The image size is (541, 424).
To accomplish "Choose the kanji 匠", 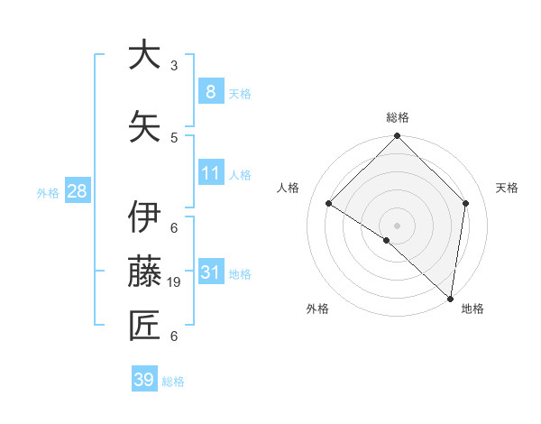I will click(145, 326).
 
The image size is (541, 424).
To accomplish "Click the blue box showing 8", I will click(210, 91).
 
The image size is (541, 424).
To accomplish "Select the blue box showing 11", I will click(210, 172).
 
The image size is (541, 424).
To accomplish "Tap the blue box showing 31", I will click(210, 272).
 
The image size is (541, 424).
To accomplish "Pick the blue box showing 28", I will click(76, 190).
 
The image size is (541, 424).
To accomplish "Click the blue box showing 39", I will click(143, 380).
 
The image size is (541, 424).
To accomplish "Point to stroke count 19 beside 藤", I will click(176, 282).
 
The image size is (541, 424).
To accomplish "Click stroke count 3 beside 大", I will click(174, 65).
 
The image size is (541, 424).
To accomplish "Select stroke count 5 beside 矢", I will click(174, 137).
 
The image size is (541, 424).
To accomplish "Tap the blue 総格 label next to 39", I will click(173, 382).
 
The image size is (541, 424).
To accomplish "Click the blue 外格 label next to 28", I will click(48, 192).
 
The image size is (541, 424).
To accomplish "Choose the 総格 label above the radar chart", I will click(397, 117).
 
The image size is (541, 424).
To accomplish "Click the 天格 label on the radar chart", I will click(507, 188).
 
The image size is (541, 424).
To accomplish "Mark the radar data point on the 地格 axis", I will click(451, 299).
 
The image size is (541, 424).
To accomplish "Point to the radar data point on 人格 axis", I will click(329, 204).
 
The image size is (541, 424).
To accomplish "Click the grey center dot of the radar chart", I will click(397, 225).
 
